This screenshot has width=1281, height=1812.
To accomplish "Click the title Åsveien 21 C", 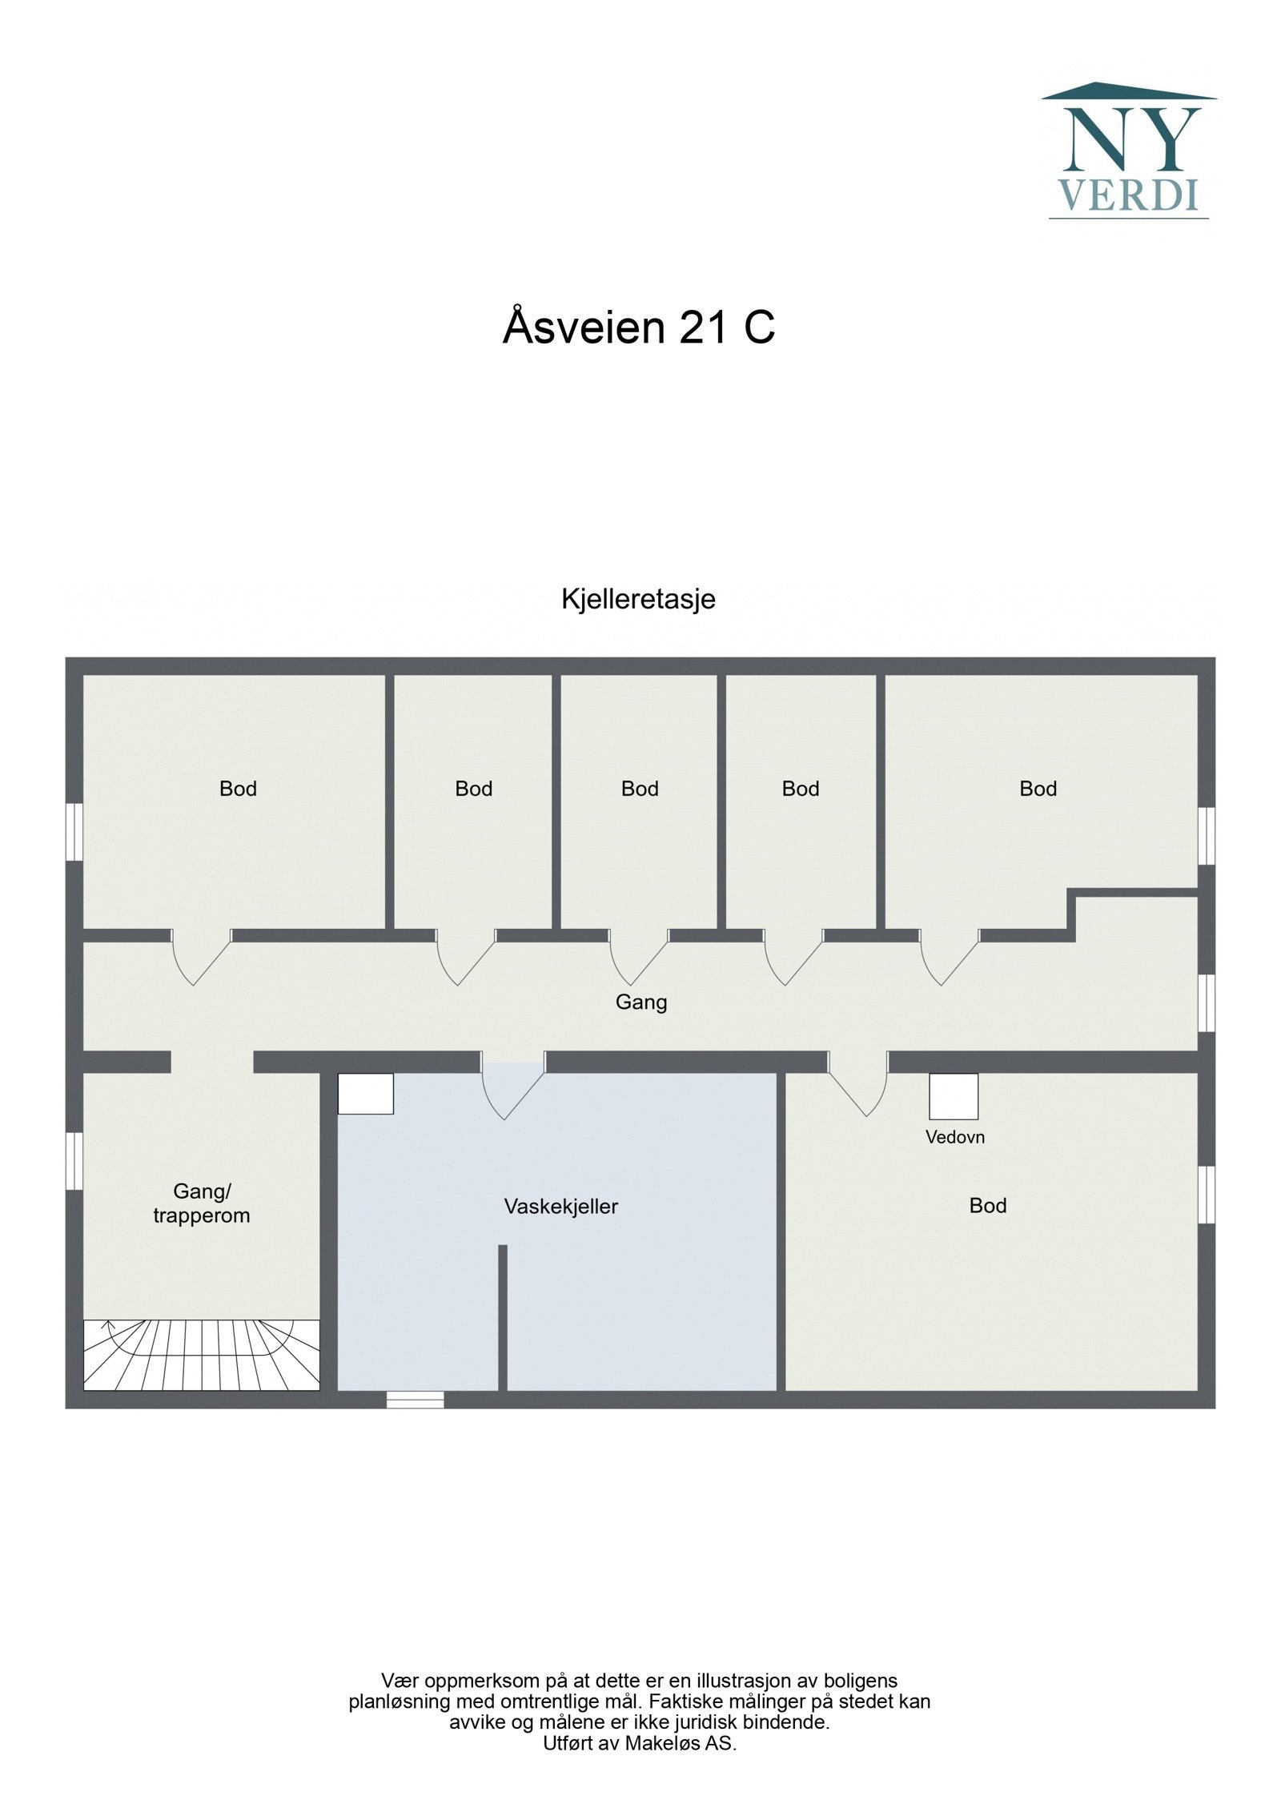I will [x=638, y=327].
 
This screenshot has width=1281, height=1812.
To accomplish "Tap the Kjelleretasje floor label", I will [x=638, y=599].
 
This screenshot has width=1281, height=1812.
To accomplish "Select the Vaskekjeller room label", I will [x=560, y=1206].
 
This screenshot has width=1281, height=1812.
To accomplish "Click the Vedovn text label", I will [x=954, y=1136].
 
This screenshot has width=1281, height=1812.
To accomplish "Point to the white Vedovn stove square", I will [x=953, y=1096].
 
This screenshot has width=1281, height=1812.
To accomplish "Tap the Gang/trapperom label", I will [x=201, y=1203].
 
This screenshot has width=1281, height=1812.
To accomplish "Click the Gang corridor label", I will [x=640, y=1002].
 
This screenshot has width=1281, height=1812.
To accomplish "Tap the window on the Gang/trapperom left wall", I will [x=74, y=1160].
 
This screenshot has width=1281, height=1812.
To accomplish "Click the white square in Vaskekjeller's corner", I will [x=365, y=1093].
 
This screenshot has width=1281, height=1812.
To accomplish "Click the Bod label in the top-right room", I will [x=1038, y=789].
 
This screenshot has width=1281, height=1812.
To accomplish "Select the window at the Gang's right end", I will [x=1207, y=1002].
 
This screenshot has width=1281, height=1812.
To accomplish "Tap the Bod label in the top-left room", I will [x=238, y=789].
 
